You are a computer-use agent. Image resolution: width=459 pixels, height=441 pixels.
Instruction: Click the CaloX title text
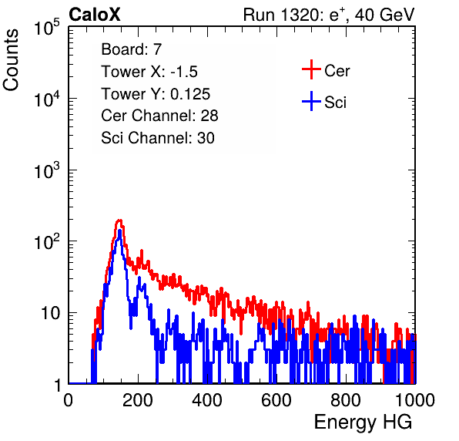pyautogui.click(x=95, y=15)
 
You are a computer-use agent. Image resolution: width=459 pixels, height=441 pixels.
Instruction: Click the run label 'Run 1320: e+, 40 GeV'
pyautogui.click(x=329, y=15)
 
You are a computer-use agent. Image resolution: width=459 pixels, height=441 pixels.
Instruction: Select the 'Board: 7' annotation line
pyautogui.click(x=131, y=49)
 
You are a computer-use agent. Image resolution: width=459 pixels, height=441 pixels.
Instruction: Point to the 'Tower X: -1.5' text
pyautogui.click(x=149, y=72)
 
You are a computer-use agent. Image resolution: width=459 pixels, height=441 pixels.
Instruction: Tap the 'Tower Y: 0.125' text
pyautogui.click(x=156, y=94)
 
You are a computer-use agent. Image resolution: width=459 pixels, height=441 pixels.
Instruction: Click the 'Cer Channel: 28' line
pyautogui.click(x=159, y=116)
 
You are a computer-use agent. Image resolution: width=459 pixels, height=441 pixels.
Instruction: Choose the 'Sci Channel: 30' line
pyautogui.click(x=158, y=138)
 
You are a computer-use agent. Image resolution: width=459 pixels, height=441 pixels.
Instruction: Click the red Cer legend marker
pyautogui.click(x=311, y=69)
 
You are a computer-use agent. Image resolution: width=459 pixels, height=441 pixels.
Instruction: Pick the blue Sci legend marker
pyautogui.click(x=311, y=101)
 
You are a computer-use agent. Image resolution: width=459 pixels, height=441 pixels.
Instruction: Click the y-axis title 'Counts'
pyautogui.click(x=11, y=60)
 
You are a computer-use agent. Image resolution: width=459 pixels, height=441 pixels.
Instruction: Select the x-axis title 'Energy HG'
pyautogui.click(x=363, y=422)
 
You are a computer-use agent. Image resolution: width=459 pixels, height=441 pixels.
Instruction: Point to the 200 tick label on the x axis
pyautogui.click(x=138, y=400)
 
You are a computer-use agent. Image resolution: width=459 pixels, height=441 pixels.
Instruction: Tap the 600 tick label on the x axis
pyautogui.click(x=276, y=400)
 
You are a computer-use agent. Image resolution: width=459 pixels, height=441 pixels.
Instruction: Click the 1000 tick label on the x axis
pyautogui.click(x=415, y=400)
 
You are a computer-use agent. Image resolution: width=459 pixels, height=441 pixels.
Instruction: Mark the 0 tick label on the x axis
pyautogui.click(x=69, y=400)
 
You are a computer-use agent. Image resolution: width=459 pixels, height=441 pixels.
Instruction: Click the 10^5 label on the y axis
pyautogui.click(x=47, y=27)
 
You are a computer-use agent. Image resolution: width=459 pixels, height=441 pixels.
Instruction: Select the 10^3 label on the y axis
pyautogui.click(x=47, y=170)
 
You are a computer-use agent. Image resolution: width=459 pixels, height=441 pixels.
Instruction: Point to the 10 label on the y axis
pyautogui.click(x=50, y=313)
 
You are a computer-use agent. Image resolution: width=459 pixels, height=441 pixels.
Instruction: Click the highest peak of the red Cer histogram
pyautogui.click(x=119, y=220)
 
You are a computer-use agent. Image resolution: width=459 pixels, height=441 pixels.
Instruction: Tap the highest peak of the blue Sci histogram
pyautogui.click(x=119, y=231)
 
